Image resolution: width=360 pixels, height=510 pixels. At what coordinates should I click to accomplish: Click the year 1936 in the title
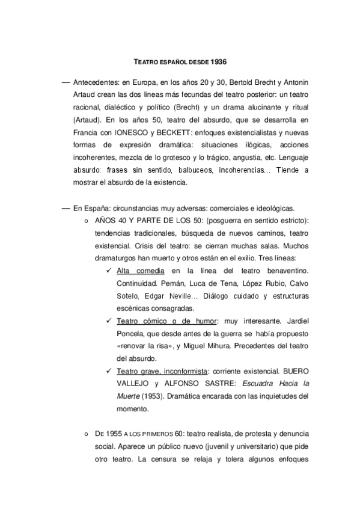[218, 61]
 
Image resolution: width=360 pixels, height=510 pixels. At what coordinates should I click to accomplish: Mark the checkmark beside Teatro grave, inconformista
[109, 367]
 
